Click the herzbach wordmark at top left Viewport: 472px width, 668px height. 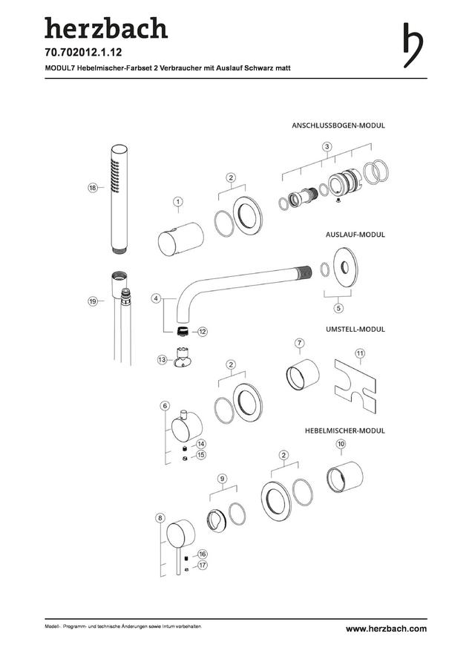tap(106, 28)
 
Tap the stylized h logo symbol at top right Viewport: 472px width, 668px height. tap(413, 45)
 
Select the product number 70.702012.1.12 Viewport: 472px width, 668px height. tap(83, 53)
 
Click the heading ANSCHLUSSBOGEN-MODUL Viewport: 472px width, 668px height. tap(338, 125)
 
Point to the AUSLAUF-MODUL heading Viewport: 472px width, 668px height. tap(355, 235)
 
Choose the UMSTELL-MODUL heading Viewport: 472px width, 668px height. tap(355, 329)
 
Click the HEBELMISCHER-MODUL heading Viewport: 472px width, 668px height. tap(344, 430)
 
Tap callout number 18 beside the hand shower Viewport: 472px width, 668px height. tap(93, 188)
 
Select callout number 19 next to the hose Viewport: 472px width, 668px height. tap(93, 301)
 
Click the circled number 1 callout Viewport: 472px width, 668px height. tap(178, 201)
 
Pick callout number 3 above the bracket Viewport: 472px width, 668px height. tap(327, 147)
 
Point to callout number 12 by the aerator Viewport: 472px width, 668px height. tap(203, 331)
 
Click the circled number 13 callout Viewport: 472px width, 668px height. tap(163, 360)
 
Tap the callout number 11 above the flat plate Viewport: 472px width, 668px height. tap(360, 353)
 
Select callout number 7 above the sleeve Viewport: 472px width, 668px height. tap(300, 343)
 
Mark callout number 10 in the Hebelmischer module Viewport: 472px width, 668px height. tap(341, 444)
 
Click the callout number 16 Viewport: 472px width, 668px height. tap(203, 554)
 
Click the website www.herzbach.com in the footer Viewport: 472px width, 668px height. tap(386, 629)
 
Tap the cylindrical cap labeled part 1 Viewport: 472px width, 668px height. tap(180, 239)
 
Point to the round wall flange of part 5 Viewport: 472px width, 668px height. tap(346, 267)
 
